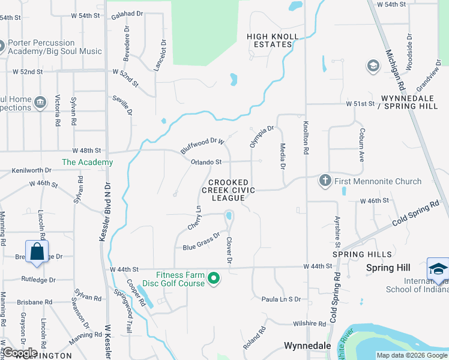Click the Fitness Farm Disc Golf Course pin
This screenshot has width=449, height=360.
[214, 278]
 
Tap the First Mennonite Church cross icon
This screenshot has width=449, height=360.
[325, 180]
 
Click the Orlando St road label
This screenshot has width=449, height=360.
[206, 162]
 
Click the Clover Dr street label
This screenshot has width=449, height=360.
[229, 250]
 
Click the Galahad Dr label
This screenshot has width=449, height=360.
[128, 13]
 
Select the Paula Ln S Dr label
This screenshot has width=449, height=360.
[280, 299]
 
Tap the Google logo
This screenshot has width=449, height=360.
[19, 352]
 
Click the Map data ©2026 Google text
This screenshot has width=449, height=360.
[412, 355]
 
